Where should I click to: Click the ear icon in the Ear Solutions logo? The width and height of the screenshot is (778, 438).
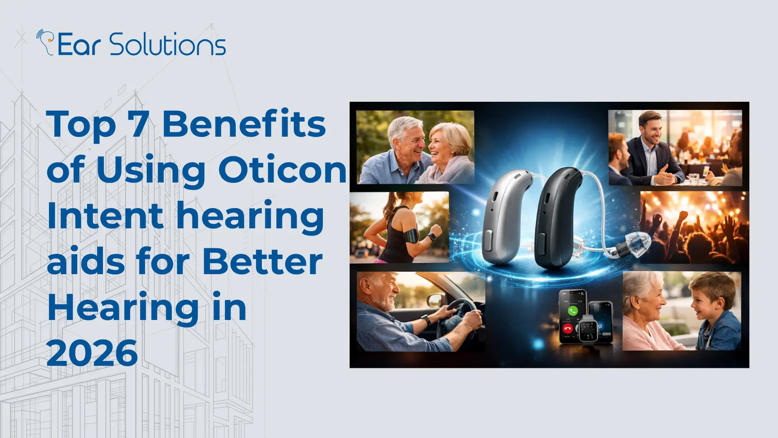[46, 42]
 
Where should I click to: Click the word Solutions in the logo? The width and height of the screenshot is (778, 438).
[167, 44]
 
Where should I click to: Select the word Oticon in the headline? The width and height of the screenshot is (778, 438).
[282, 170]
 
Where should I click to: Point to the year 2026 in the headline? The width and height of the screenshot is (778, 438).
[92, 353]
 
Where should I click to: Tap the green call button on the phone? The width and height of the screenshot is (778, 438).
[573, 311]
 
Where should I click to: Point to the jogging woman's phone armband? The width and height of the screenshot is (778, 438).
[411, 235]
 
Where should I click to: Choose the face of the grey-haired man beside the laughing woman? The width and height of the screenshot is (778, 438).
[407, 142]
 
